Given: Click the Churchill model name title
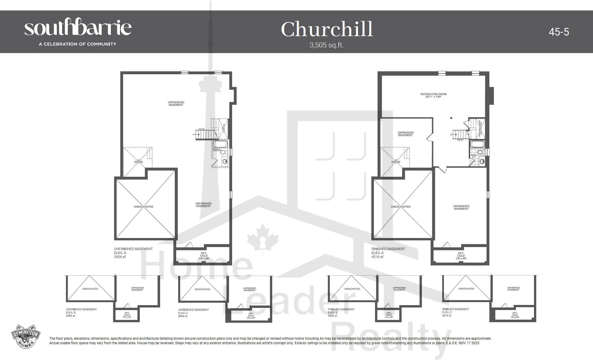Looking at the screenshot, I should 327,29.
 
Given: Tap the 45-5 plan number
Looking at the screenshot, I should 559,32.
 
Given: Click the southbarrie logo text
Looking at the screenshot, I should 78,27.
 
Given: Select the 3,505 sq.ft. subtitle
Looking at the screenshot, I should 326,45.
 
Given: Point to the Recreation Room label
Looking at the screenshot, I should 433,95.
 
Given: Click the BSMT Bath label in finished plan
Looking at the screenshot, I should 474,156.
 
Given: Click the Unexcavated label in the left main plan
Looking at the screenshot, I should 143,207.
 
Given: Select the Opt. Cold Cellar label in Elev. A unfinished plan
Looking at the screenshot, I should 204,256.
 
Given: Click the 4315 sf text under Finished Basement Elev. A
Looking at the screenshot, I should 378,257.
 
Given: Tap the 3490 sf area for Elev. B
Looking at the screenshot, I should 71,316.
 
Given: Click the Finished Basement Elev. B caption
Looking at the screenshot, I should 341,311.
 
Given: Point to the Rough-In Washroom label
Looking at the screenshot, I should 218,150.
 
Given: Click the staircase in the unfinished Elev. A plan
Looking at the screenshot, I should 208,134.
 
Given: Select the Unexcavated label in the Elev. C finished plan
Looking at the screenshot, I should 466,289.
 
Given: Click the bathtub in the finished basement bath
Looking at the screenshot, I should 478,145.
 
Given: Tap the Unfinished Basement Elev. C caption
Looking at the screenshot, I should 193,311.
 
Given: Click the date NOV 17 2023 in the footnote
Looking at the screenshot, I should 470,343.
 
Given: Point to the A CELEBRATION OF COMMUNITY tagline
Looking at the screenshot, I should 78,44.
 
